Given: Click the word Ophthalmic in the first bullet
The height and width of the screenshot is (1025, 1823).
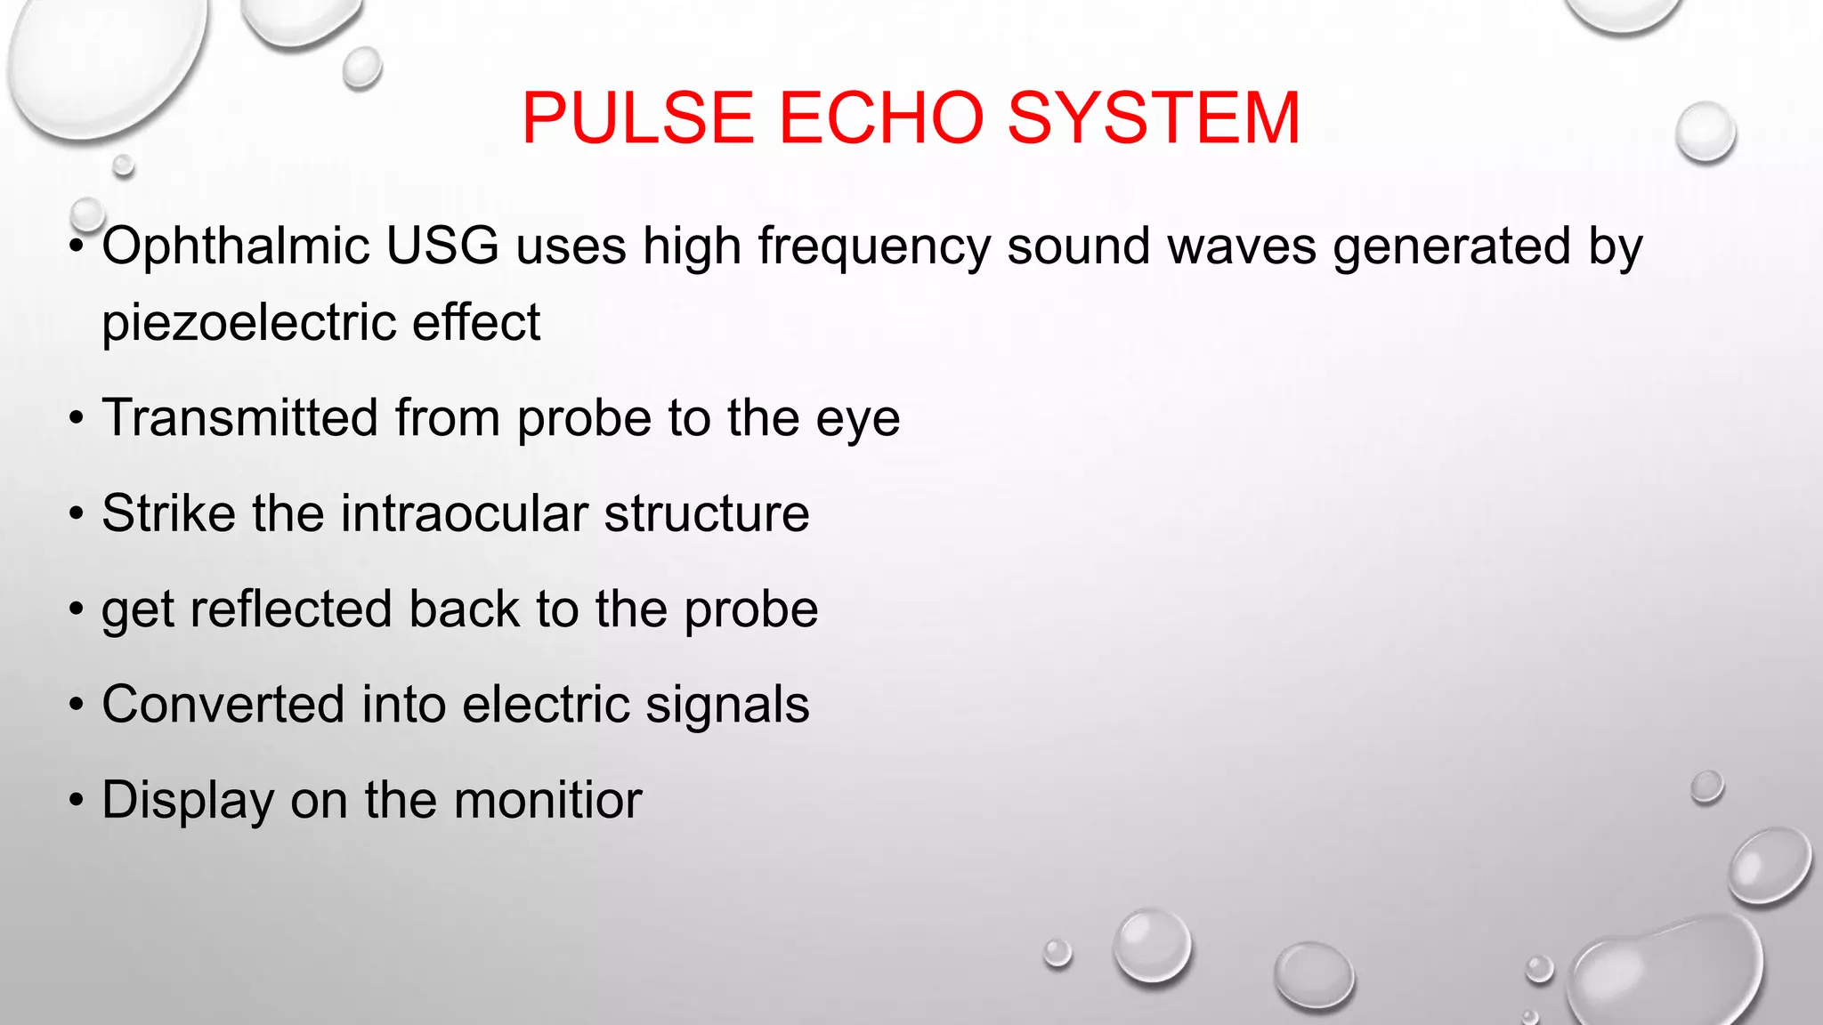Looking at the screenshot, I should click(236, 246).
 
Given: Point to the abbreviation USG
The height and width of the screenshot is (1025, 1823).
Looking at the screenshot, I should click(442, 246).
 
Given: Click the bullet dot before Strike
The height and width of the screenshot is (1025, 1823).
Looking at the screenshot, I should click(77, 515).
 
